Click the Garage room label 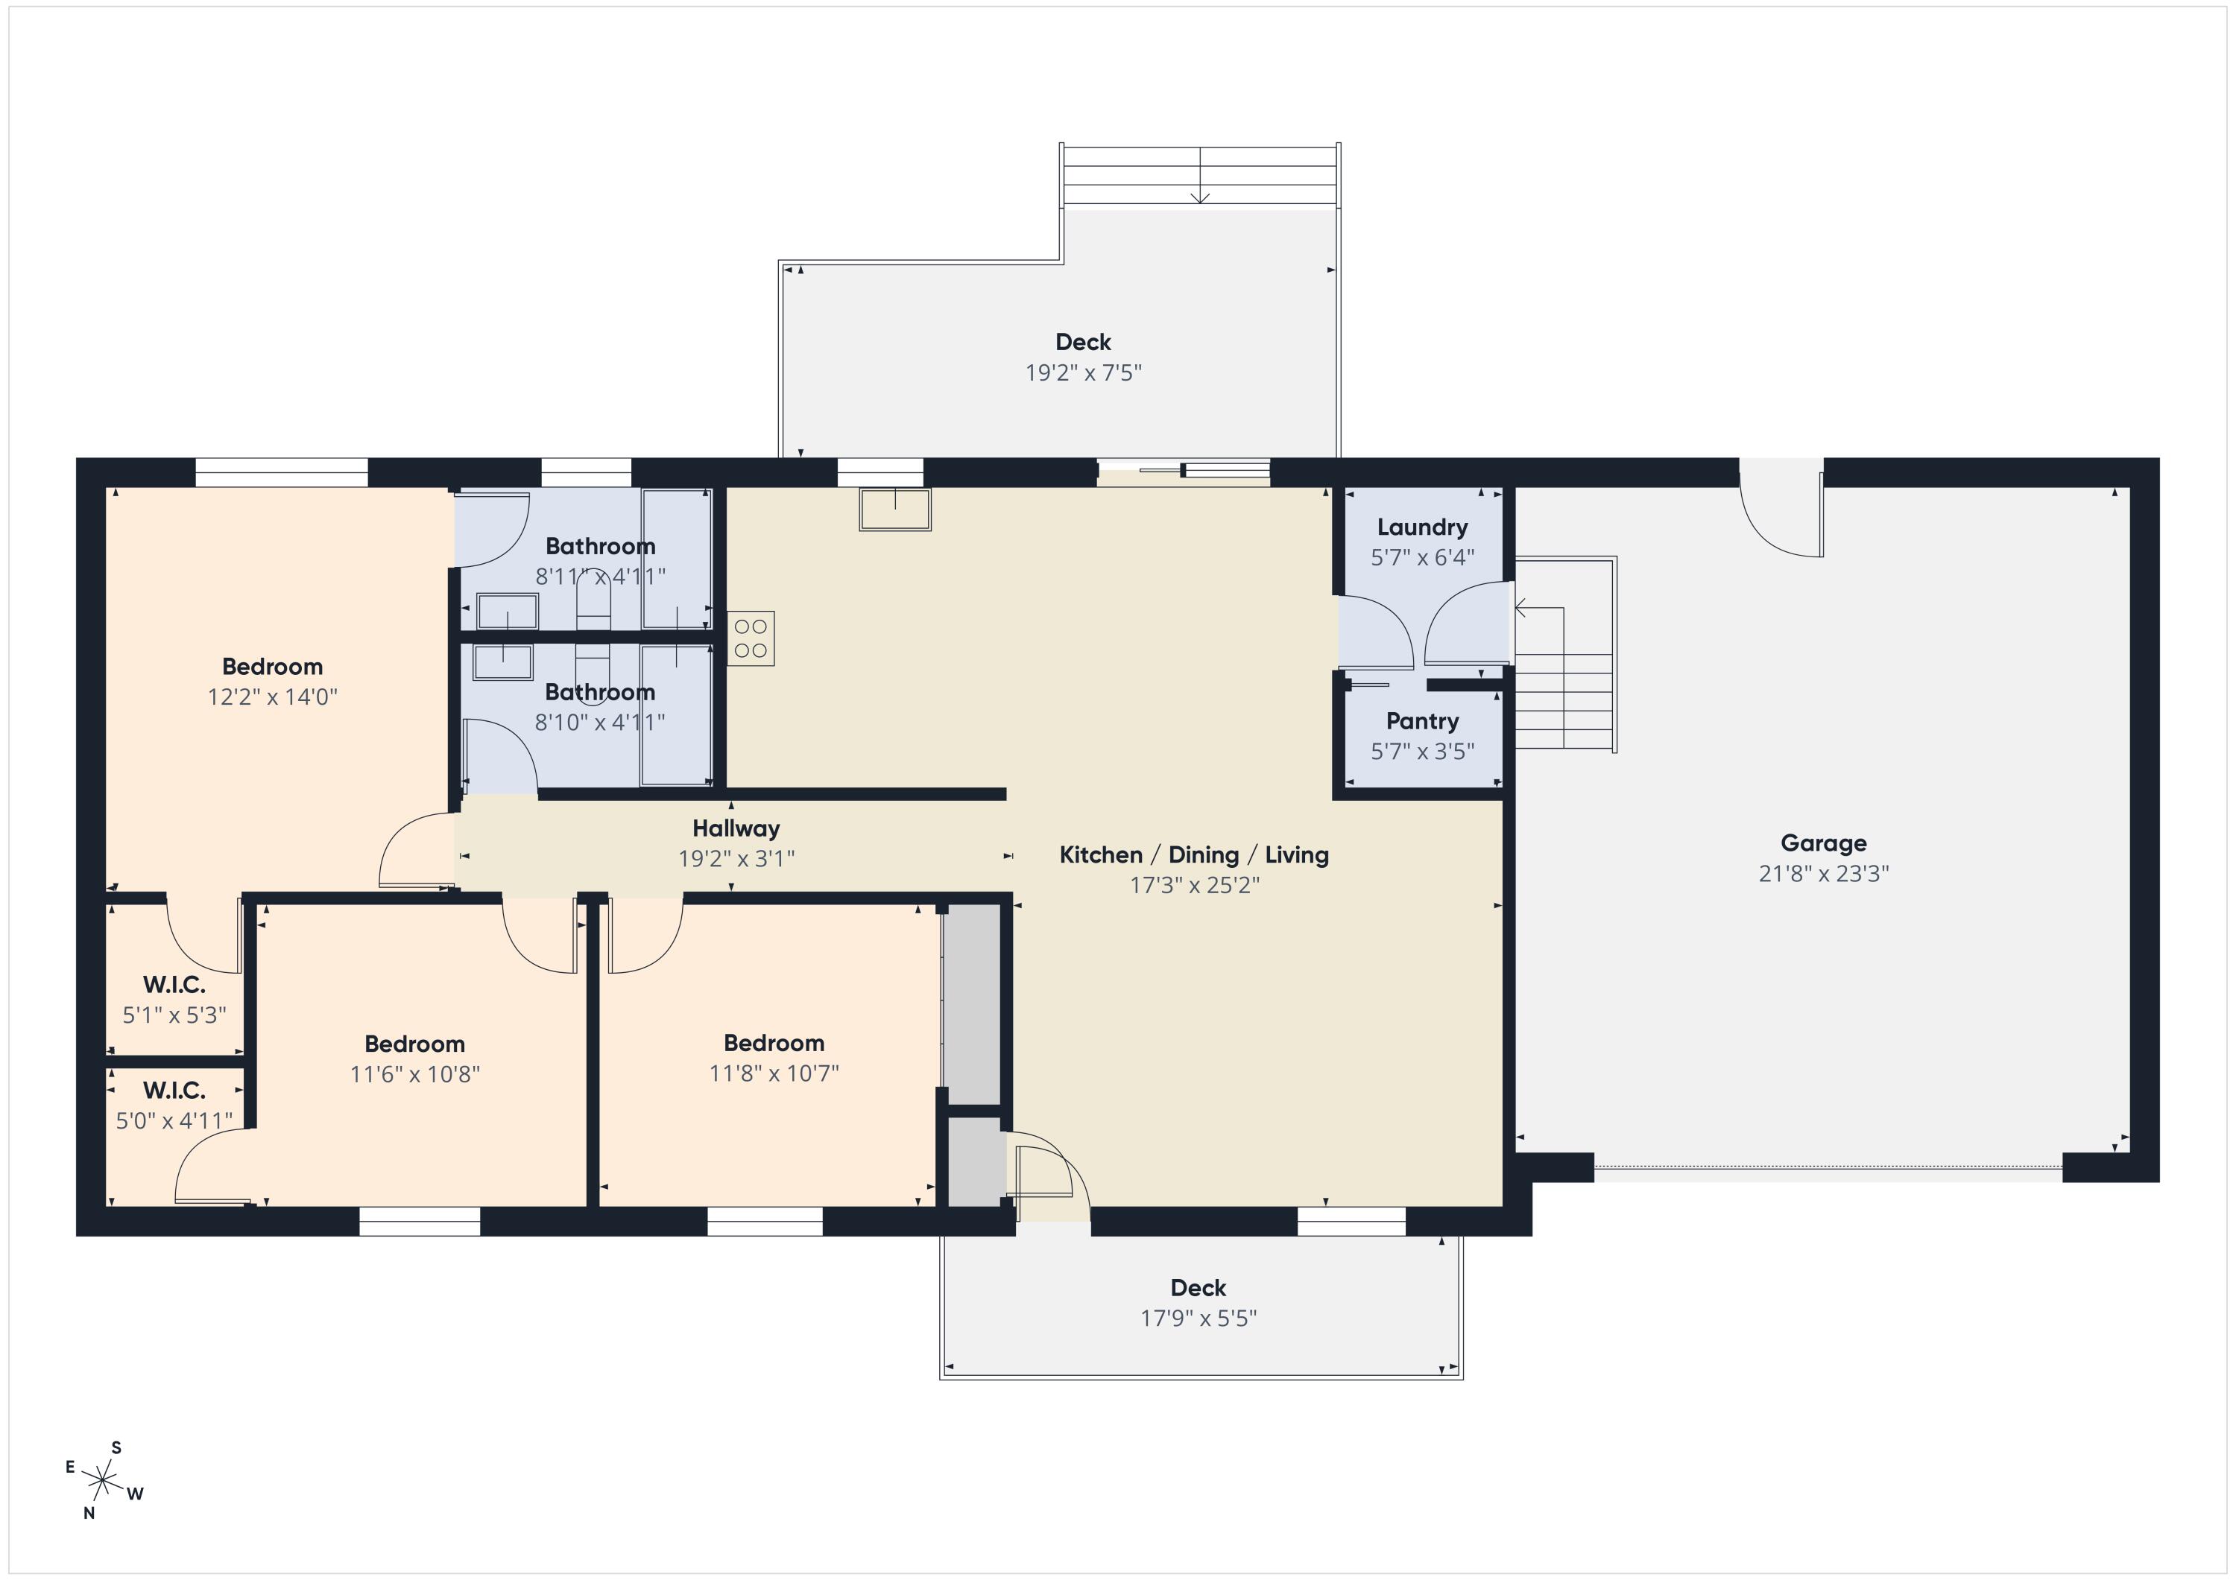(1823, 843)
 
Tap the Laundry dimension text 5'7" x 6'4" (1422, 558)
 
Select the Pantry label (1422, 721)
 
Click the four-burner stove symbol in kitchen (751, 638)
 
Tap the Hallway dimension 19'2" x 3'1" (736, 859)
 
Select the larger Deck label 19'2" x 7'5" (1083, 342)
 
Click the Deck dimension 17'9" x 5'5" (1198, 1318)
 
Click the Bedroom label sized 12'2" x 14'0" (272, 667)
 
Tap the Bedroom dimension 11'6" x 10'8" (415, 1073)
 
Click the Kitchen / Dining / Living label (1194, 854)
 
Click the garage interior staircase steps (1564, 701)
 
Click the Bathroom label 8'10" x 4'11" (600, 692)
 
